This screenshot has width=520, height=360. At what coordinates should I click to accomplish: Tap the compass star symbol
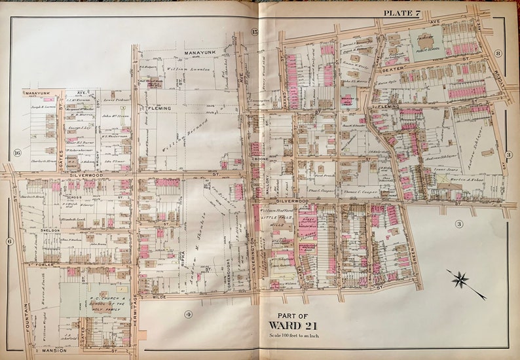click(466, 280)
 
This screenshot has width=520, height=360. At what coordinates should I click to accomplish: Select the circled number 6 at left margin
click(10, 241)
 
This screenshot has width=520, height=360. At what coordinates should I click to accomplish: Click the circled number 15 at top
click(255, 32)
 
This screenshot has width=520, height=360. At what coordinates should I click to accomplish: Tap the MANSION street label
click(46, 351)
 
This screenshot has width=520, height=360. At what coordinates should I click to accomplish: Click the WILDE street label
click(159, 297)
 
